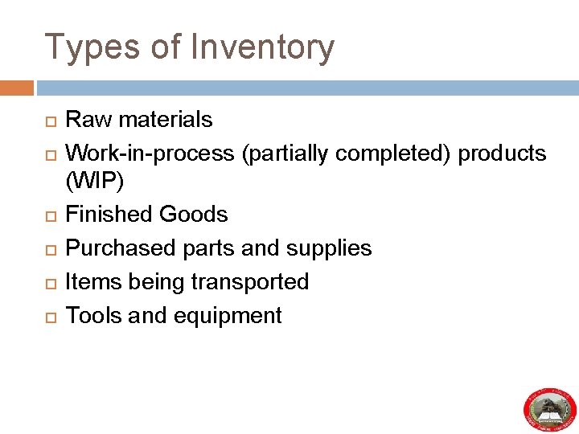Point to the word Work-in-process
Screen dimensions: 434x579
pos(150,154)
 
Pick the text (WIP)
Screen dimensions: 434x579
pos(95,182)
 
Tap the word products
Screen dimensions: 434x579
pos(502,154)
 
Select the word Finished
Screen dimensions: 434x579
pos(109,215)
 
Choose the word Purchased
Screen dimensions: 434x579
pos(121,248)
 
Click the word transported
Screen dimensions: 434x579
pos(250,282)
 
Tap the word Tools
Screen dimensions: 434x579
pos(94,316)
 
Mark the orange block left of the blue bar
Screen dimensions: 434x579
pos(17,88)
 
